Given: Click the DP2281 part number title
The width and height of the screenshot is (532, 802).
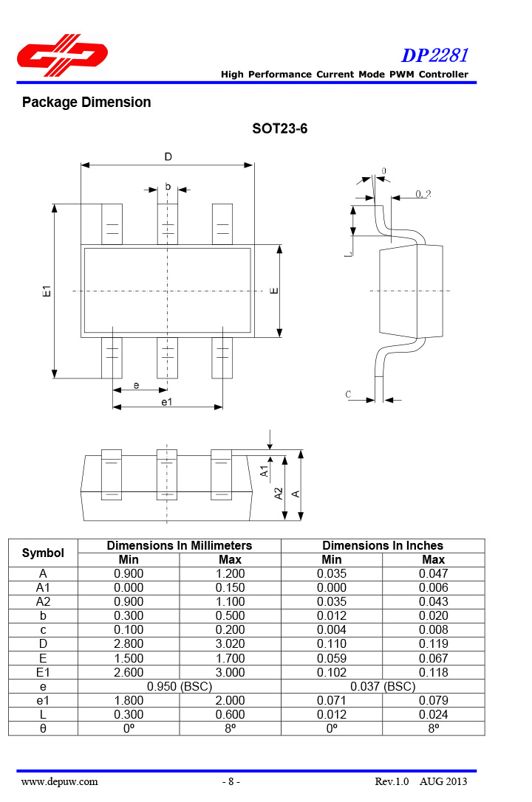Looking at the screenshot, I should pos(434,55).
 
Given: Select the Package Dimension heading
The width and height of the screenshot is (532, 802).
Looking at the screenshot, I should pos(86,103).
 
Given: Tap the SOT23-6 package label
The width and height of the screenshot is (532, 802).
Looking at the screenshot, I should pos(279,129).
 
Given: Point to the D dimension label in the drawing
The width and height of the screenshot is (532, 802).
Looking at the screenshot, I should pos(168,156).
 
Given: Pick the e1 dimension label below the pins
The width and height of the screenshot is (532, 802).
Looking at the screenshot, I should pos(167,401).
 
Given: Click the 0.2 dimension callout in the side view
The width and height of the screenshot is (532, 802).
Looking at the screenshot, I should pos(423,194).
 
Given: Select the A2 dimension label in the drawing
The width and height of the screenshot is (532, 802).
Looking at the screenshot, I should pos(279,494).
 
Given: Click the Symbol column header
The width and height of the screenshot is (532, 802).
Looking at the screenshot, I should pos(43,553).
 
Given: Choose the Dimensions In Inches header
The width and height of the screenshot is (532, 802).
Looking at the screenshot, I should pos(383,546).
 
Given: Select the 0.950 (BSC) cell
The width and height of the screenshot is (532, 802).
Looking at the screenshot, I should pos(180,686).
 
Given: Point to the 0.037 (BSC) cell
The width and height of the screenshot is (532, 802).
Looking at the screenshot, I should pos(383,686).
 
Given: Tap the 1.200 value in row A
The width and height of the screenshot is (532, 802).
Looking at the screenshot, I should pos(230,573).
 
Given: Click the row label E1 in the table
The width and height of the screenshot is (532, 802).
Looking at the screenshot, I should pos(43,672).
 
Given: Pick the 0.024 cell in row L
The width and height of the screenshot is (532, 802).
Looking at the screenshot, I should pos(433,714).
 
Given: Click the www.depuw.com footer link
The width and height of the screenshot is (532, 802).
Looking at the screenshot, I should pos(59,781).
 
